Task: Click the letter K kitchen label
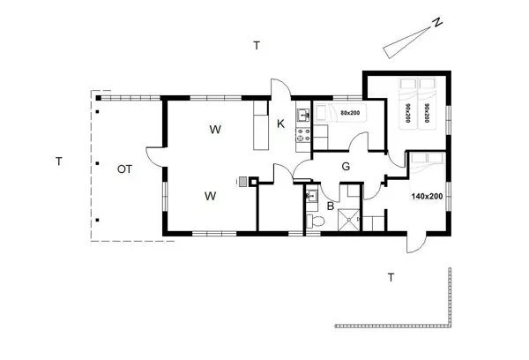280,124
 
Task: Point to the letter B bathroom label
331,206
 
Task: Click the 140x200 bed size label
427,196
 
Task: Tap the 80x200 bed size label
349,113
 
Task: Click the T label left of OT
58,161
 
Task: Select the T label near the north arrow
256,45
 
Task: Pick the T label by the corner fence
391,278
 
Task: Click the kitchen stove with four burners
303,136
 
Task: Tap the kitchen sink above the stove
302,114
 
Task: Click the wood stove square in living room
253,183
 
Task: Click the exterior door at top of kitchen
279,88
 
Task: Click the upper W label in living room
214,131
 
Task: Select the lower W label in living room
211,195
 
